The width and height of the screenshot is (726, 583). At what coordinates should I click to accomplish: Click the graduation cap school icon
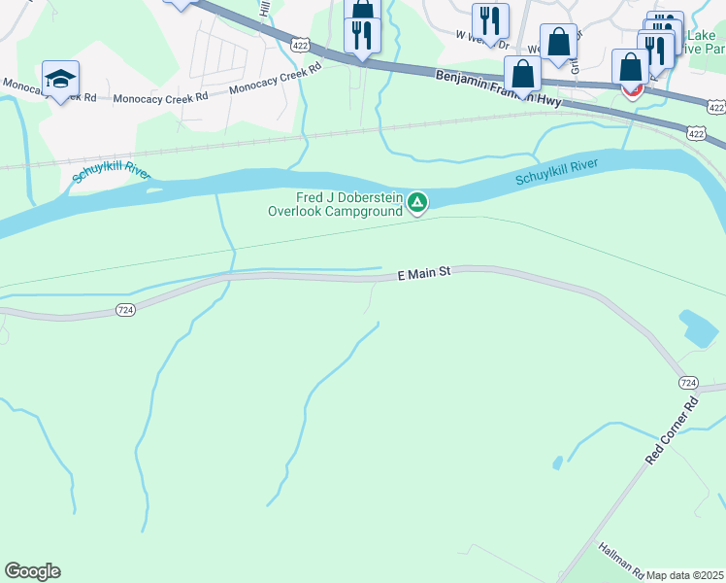point(60,79)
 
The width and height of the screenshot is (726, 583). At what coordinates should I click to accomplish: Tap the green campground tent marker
point(417,202)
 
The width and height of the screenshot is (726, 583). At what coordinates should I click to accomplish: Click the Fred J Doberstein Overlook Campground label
point(335,204)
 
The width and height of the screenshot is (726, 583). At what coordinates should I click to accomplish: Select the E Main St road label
point(425,275)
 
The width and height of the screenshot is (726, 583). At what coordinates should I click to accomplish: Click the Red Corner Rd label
point(672,429)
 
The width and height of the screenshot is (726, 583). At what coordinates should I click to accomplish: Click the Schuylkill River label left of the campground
point(112,175)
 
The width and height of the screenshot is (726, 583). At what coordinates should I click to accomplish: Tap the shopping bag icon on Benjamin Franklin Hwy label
point(522,75)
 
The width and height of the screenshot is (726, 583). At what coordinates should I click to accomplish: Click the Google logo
point(32,571)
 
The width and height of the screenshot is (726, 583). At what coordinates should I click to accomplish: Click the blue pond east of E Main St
point(700,328)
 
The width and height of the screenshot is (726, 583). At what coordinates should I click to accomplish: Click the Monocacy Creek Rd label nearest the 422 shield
point(276,81)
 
